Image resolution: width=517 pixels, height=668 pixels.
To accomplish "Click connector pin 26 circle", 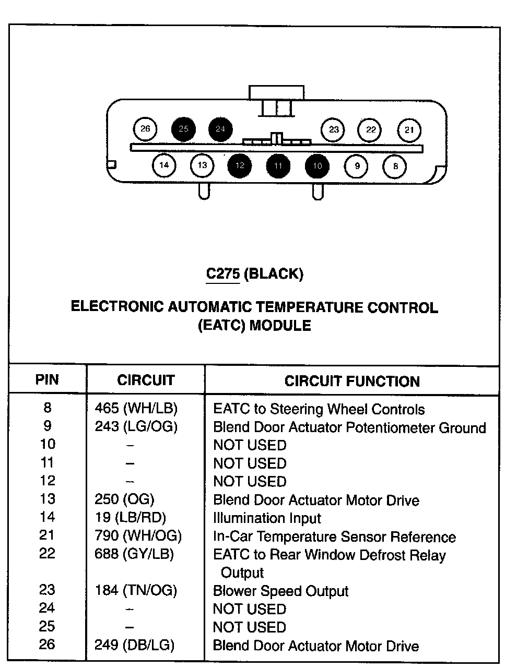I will coord(145,129).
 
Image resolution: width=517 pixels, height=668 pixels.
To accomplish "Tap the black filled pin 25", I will coord(183,129).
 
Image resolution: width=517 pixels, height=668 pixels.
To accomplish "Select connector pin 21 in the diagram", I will coord(409,130).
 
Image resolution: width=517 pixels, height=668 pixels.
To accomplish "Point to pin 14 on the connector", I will coord(164,165).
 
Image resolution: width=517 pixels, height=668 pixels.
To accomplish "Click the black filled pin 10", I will coord(318,166).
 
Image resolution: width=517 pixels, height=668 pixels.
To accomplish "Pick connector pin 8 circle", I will coord(395,166).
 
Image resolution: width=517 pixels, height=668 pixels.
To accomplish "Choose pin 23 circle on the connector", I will coord(334,129).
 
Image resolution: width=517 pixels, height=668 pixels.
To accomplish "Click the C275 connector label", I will coord(223,273).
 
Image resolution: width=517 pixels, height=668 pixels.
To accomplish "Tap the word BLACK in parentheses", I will coord(273,273).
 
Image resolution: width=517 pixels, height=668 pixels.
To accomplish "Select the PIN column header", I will coord(47,379).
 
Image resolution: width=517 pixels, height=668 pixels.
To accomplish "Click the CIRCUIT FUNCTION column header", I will coord(352,381).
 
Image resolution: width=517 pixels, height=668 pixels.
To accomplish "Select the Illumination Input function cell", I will coord(267,518).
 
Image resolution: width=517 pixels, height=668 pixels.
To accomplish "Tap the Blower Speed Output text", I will coord(280,591).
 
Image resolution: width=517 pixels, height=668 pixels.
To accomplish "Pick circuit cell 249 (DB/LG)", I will coord(134,645).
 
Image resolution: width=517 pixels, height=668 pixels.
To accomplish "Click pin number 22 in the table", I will coord(47,553).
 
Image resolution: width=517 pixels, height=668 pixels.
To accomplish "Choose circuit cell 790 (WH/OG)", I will coord(138,535).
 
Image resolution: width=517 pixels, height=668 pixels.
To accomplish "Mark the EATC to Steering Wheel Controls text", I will coord(319,409).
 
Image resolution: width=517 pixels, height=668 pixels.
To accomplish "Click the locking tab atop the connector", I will coord(276,92).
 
